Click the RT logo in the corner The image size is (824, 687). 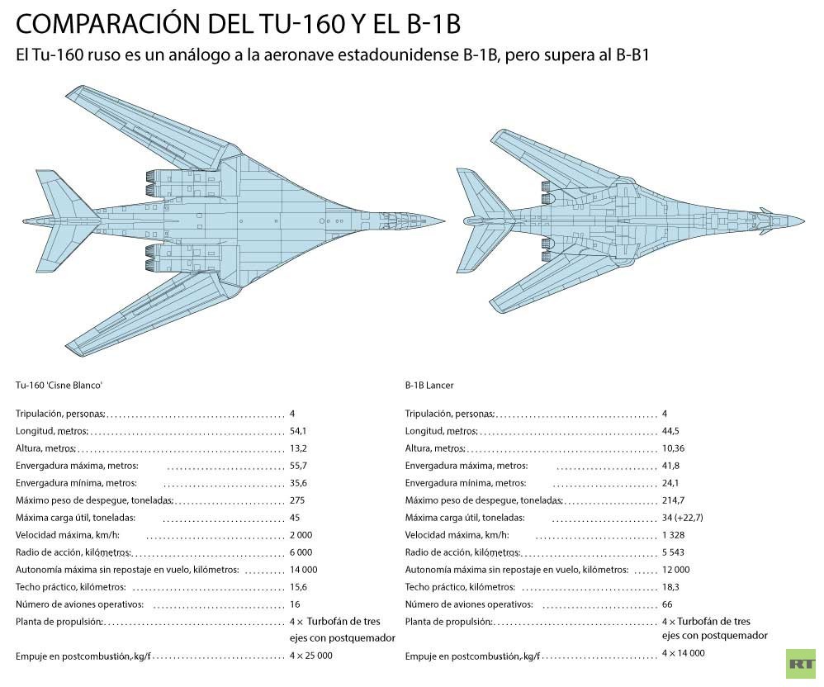click(x=801, y=664)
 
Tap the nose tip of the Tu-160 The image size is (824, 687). click(x=445, y=220)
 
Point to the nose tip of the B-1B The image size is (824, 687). click(x=804, y=220)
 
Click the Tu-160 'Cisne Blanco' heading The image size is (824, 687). click(x=59, y=386)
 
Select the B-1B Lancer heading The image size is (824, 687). click(x=429, y=386)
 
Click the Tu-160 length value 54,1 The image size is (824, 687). click(x=298, y=432)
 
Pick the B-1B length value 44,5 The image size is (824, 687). click(x=670, y=432)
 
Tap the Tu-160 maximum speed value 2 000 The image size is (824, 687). click(x=301, y=536)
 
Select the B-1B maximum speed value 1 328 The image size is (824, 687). click(x=673, y=536)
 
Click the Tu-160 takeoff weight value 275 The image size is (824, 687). click(x=297, y=501)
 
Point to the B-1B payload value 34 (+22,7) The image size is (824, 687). click(x=683, y=519)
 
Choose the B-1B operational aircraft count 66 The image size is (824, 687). click(x=667, y=605)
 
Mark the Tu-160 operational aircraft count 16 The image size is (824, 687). click(x=295, y=605)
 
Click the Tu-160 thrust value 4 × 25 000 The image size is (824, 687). click(x=311, y=656)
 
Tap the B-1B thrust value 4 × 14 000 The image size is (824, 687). click(x=684, y=653)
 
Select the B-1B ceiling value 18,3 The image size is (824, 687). click(x=670, y=588)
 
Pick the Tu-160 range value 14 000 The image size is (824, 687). click(x=304, y=571)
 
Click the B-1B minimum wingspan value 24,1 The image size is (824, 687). click(x=670, y=484)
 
